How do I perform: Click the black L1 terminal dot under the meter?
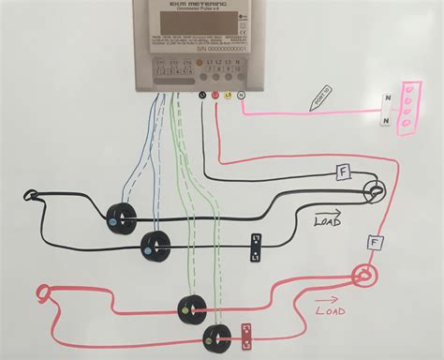tap(203, 95)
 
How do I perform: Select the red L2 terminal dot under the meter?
tap(215, 95)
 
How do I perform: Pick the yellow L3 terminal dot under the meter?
tap(228, 95)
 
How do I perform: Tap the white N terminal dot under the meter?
tap(241, 95)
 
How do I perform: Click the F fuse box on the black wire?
tap(344, 172)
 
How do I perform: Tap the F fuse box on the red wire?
tap(376, 243)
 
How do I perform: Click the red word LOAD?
tap(330, 310)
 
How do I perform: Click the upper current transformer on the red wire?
tap(192, 306)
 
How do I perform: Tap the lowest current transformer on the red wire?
tap(217, 336)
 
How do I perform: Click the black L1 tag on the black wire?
tap(254, 247)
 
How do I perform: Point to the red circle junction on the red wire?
tap(363, 276)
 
